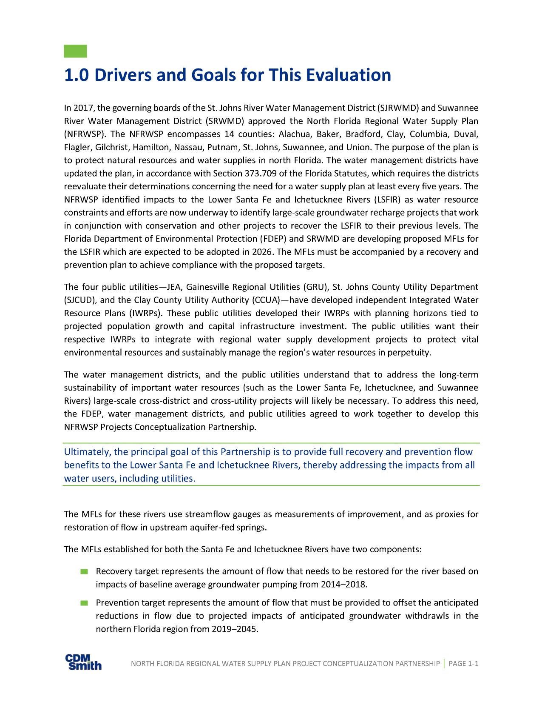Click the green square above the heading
pyautogui.click(x=75, y=51)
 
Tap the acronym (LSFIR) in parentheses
pyautogui.click(x=386, y=200)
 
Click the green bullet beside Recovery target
pyautogui.click(x=83, y=571)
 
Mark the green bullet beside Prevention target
pyautogui.click(x=83, y=603)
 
